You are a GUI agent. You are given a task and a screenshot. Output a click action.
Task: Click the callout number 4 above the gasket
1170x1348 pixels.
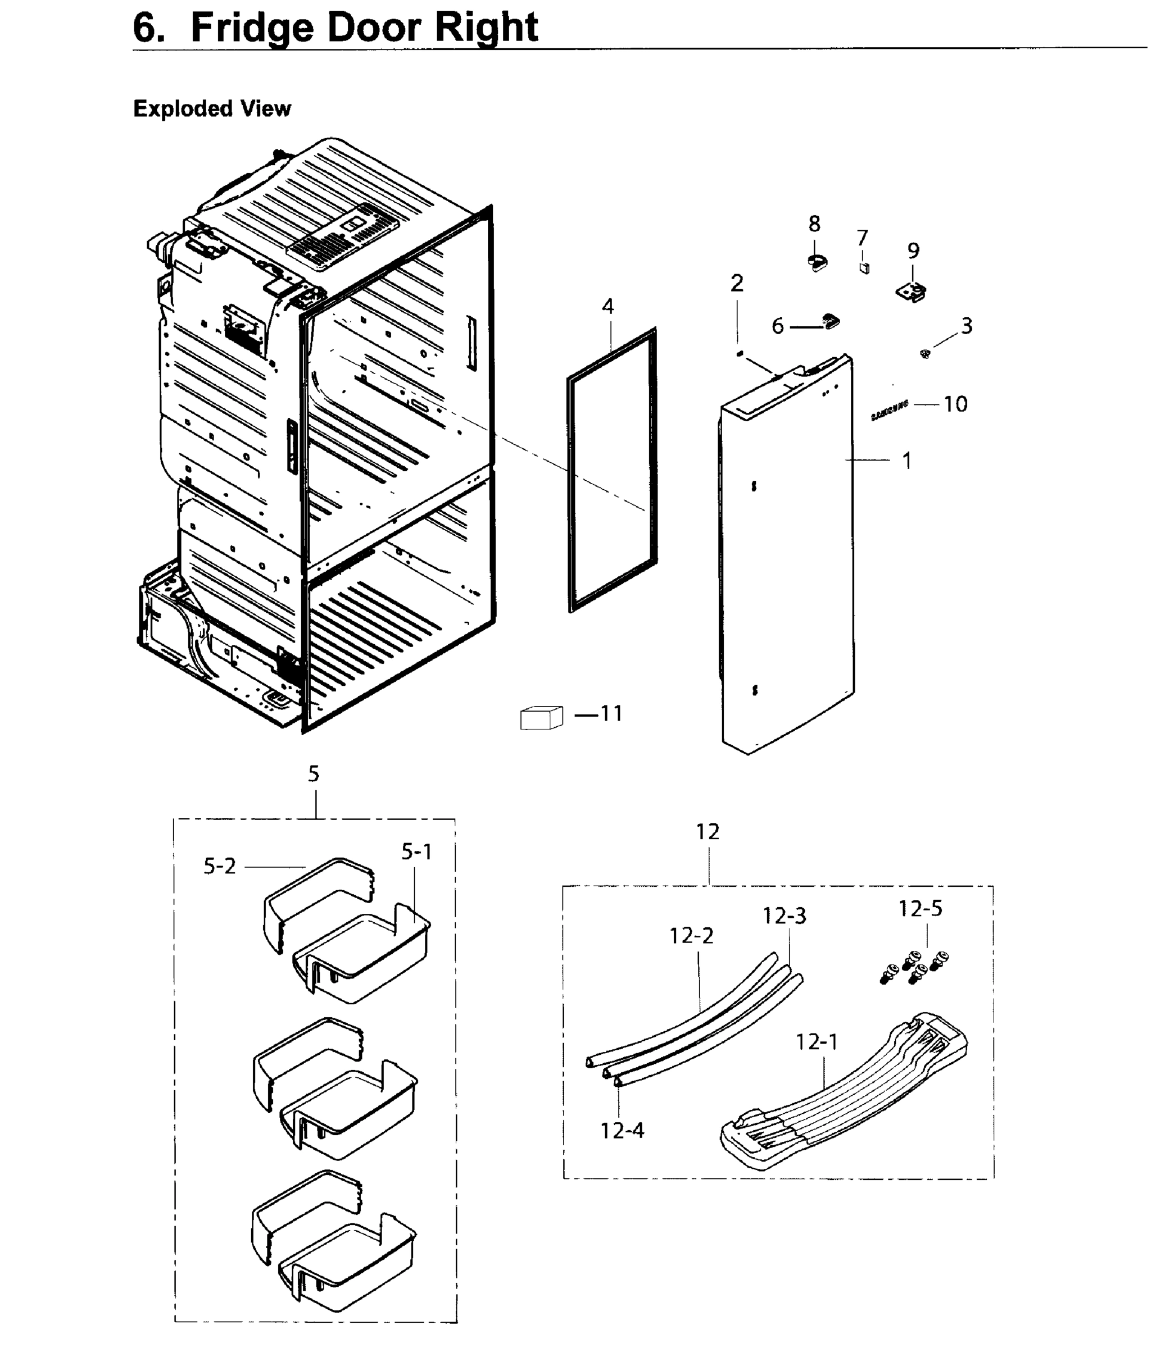(608, 306)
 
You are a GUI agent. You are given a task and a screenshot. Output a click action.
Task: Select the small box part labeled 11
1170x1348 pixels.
(541, 718)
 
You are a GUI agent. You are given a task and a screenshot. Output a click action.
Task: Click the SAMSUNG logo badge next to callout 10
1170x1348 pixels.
(889, 412)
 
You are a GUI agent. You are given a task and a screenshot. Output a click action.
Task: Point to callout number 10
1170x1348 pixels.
(955, 404)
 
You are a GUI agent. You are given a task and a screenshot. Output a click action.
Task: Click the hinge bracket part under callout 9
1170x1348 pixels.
(912, 291)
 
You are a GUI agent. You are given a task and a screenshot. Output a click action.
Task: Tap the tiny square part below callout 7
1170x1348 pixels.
(864, 267)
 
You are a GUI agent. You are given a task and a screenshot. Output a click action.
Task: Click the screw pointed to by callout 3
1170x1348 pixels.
(924, 354)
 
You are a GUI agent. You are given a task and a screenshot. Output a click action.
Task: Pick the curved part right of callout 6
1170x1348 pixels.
(831, 321)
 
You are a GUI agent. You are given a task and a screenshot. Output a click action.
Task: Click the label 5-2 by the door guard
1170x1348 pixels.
(219, 867)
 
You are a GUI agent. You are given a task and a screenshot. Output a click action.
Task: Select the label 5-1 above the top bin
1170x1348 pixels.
(416, 851)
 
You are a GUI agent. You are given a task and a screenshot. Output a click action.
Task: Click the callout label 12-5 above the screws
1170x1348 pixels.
(920, 908)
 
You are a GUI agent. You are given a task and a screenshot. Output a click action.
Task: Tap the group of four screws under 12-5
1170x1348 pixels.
(914, 967)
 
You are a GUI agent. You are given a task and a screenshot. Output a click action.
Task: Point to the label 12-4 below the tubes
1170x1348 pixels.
(622, 1131)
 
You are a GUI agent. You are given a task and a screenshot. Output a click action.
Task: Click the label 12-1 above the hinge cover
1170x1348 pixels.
(816, 1042)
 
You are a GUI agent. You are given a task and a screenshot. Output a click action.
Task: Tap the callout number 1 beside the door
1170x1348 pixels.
(906, 461)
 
